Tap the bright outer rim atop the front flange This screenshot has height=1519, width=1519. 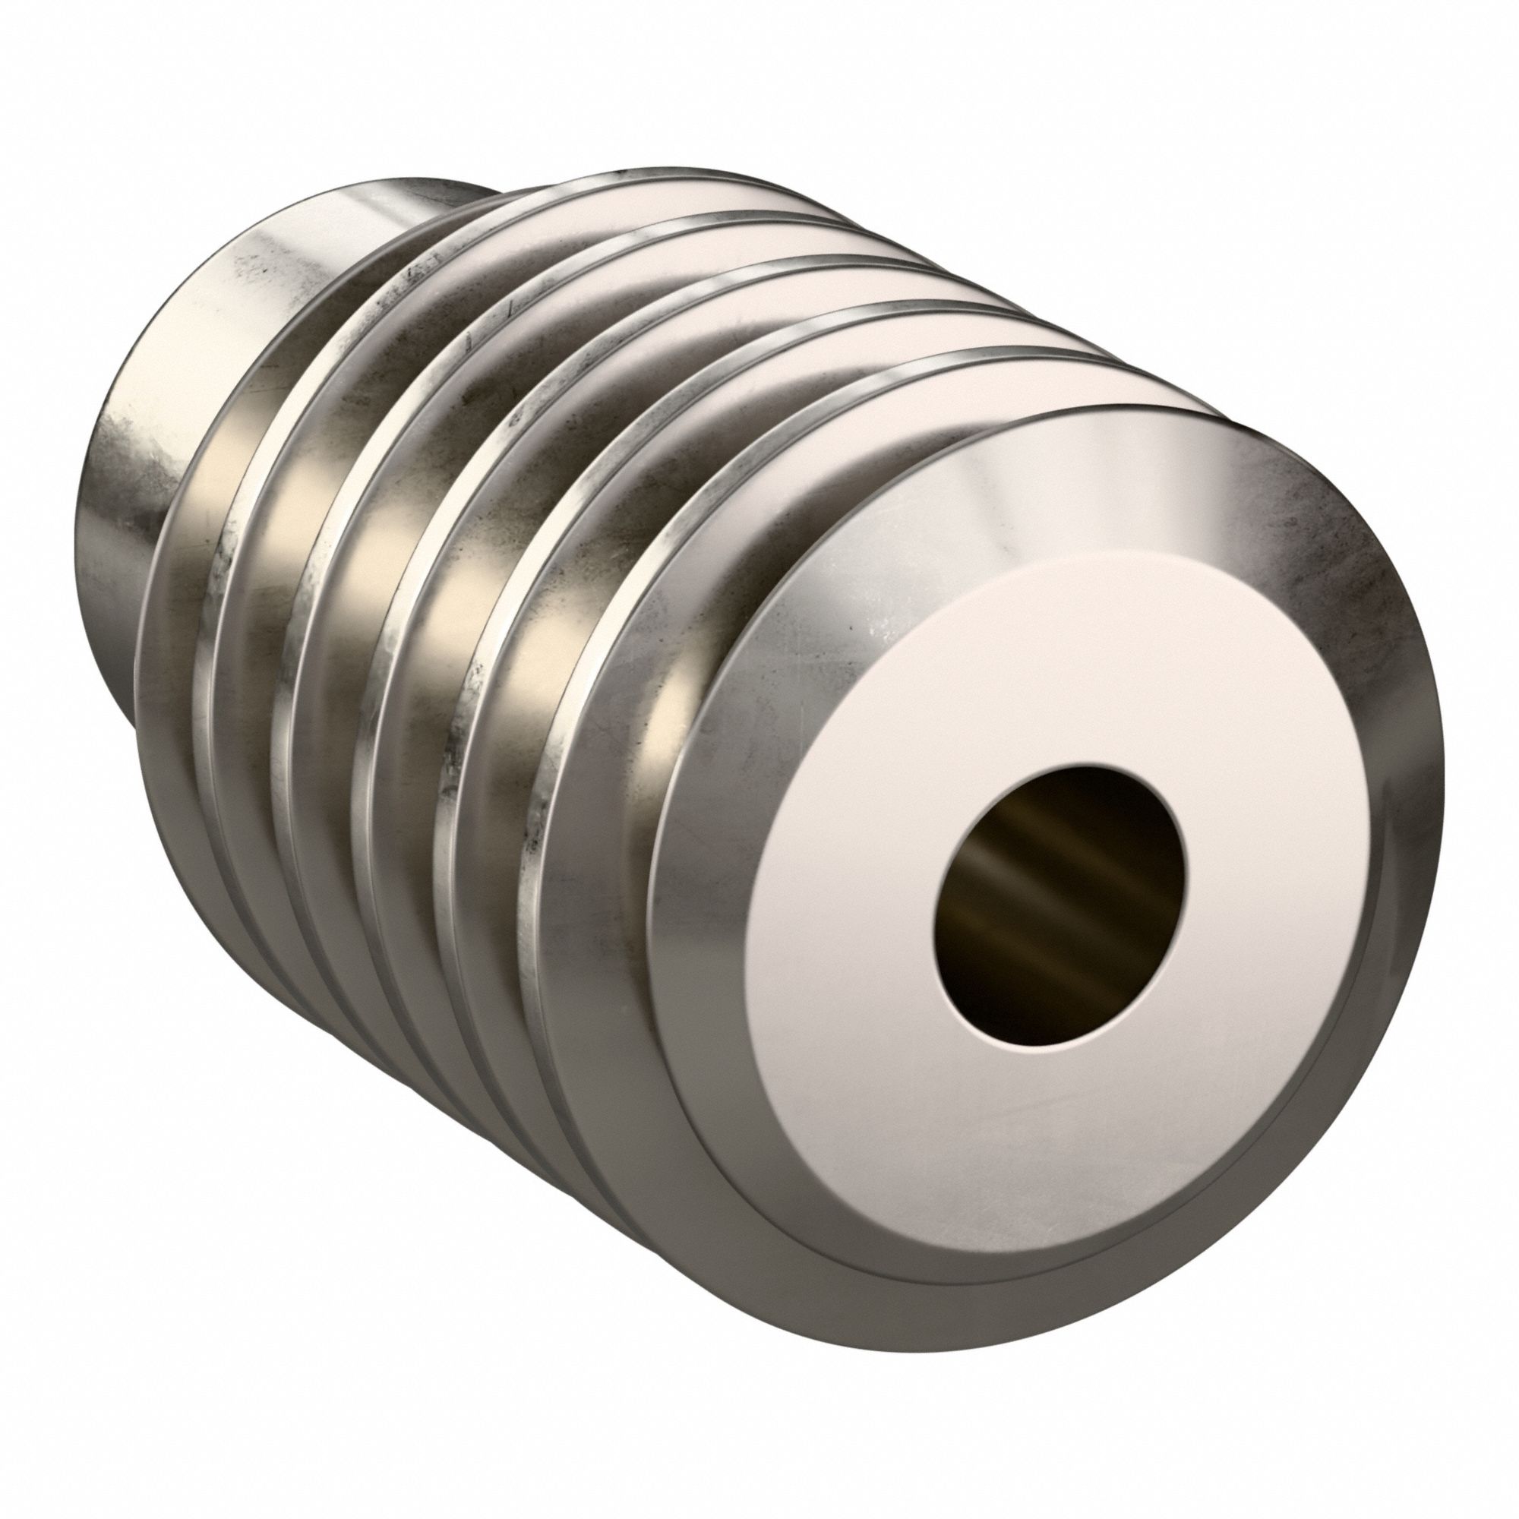coord(1101,425)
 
